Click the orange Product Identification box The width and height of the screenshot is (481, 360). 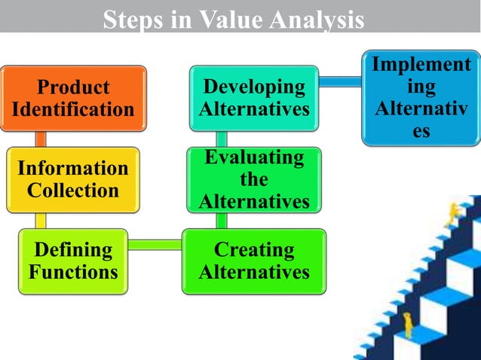tap(73, 98)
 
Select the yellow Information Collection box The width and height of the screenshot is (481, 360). tap(73, 179)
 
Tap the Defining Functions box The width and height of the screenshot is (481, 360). tap(73, 260)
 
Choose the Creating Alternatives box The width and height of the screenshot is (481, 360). tap(254, 261)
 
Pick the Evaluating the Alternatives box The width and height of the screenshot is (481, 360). tap(254, 180)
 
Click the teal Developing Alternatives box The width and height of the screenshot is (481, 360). tap(254, 98)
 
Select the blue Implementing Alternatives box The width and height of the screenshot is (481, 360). tap(421, 97)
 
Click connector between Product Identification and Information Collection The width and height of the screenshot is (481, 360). tap(41, 139)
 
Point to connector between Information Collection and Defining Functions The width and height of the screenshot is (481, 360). tap(41, 220)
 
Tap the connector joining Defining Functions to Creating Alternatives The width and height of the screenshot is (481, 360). tap(155, 243)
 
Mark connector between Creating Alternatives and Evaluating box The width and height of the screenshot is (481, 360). tap(222, 220)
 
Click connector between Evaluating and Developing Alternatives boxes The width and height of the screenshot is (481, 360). tap(222, 139)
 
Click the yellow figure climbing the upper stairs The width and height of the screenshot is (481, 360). tap(453, 214)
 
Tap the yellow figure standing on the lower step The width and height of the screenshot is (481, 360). tap(408, 324)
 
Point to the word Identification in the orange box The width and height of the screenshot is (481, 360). tap(73, 110)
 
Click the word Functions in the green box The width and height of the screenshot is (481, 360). tap(73, 271)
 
